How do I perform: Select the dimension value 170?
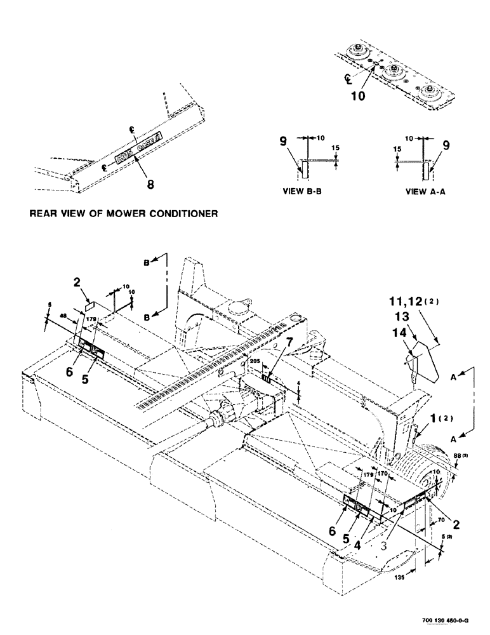pos(383,473)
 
